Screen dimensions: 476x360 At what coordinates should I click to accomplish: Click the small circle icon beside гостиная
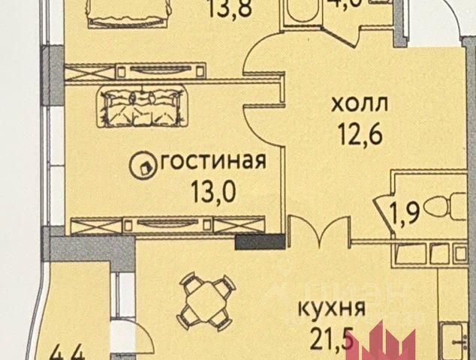click(x=140, y=163)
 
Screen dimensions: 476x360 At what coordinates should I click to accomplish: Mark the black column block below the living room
click(x=260, y=241)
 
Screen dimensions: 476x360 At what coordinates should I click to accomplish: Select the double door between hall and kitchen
click(x=312, y=229)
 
